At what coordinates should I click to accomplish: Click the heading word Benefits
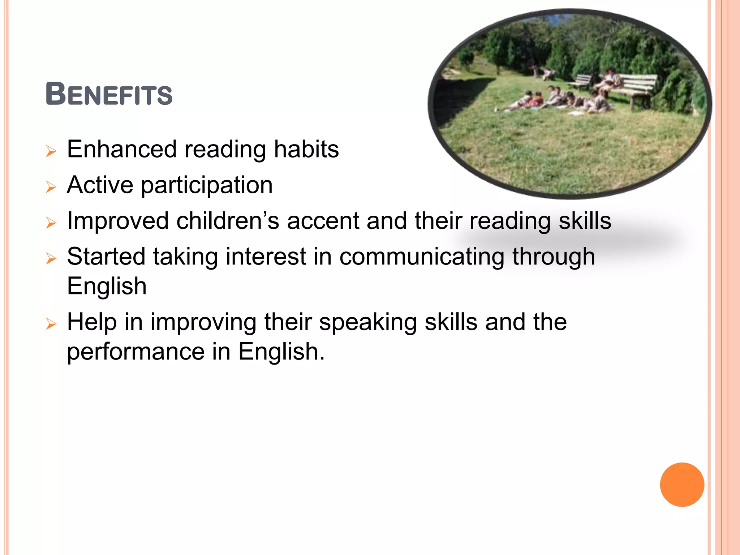(109, 95)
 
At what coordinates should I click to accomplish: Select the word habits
(306, 149)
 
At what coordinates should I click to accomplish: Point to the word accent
(323, 221)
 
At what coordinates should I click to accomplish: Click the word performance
(136, 352)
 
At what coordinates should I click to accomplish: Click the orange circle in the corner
(682, 485)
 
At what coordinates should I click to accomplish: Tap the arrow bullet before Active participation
(51, 187)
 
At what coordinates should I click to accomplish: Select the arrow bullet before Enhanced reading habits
(51, 151)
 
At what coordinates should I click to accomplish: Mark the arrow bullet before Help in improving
(51, 324)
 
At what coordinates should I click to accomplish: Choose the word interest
(266, 257)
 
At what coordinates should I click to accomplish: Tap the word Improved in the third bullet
(118, 221)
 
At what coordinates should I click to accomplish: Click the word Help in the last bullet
(92, 322)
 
